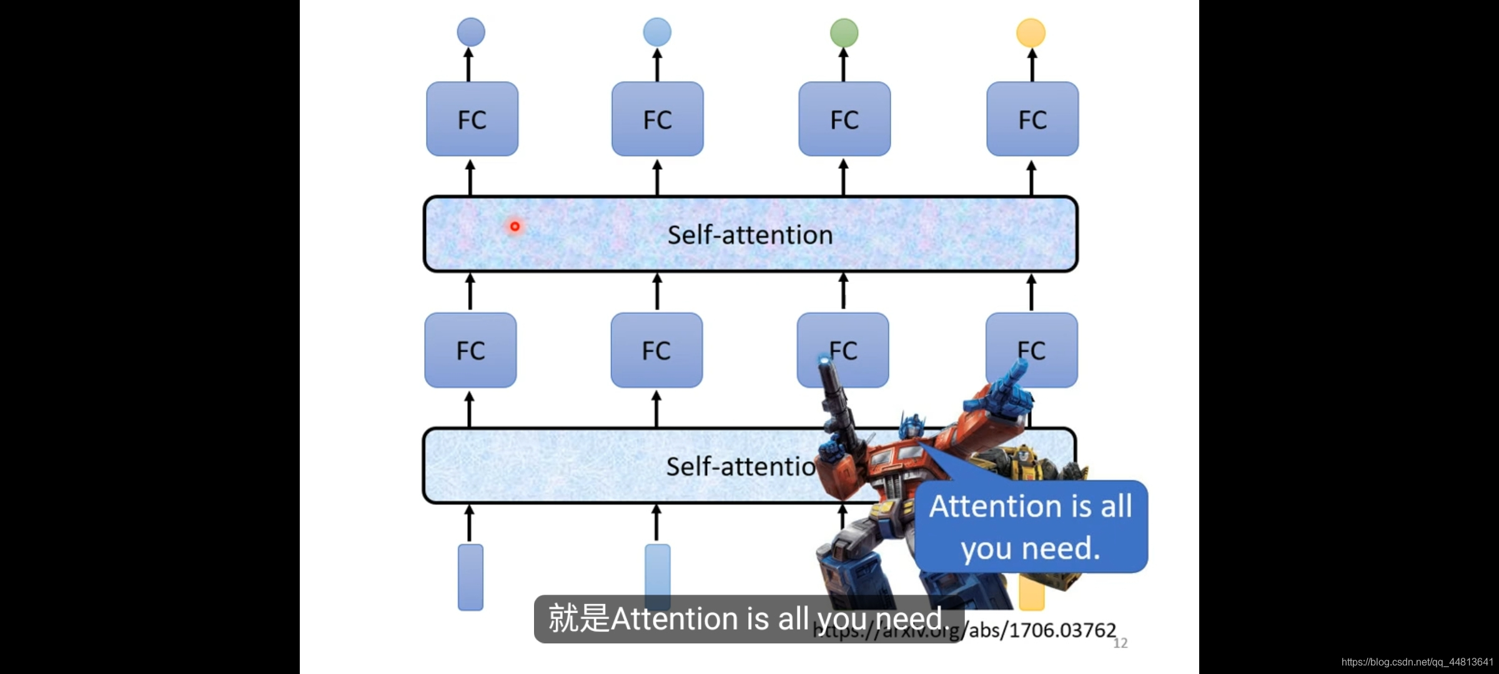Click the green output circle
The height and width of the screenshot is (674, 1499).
(844, 32)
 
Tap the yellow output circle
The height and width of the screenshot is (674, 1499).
(1031, 32)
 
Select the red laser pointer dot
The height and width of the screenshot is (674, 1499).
(515, 226)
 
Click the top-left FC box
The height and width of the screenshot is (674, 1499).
(472, 119)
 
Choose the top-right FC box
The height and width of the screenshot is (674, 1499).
(1032, 119)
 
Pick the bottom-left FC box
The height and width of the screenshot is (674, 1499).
(470, 350)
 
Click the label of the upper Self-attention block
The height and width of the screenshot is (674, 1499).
(750, 235)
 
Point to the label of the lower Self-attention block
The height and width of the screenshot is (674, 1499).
(740, 466)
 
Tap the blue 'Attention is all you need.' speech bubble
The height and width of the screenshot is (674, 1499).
(1031, 527)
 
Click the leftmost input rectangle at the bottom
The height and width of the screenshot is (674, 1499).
(470, 577)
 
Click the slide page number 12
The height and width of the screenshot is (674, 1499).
(1121, 643)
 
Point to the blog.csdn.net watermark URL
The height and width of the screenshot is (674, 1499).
(1417, 662)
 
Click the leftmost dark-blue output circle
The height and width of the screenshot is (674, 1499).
(471, 32)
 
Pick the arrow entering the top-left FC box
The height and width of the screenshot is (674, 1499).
(470, 177)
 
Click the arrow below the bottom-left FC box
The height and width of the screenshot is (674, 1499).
(470, 409)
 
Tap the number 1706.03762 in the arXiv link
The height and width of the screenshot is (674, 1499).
(1062, 630)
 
